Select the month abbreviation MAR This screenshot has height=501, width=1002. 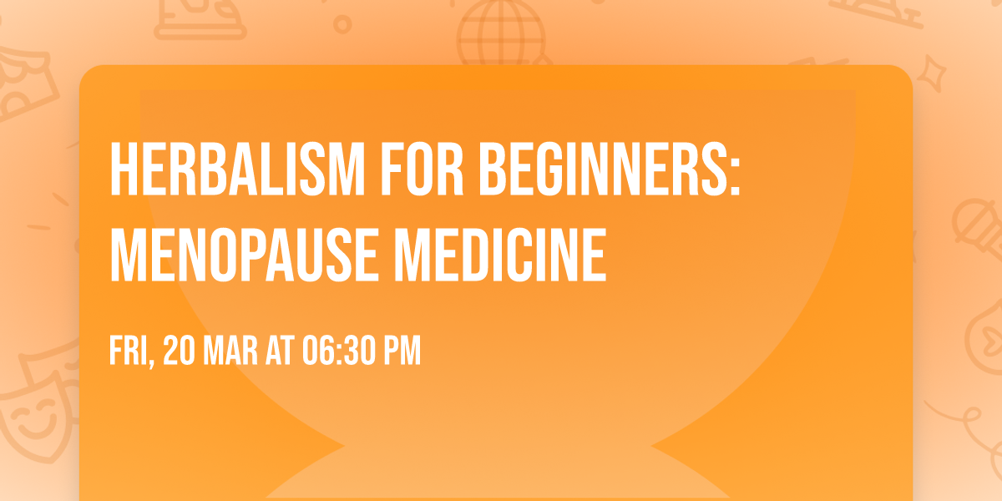pos(235,352)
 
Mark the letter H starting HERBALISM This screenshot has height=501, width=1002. pos(123,171)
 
